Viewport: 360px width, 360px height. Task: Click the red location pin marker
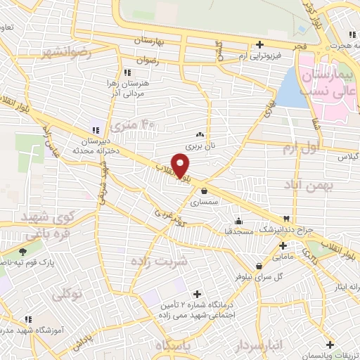pos(181,165)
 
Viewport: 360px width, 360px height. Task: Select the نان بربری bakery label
pos(200,146)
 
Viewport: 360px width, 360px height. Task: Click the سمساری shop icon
pos(204,190)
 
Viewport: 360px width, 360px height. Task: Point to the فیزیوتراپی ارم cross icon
pos(259,45)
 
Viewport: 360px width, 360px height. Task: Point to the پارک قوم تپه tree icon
pos(23,251)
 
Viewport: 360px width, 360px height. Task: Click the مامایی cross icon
pos(283,246)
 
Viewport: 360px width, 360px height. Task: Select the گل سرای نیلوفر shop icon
pos(260,266)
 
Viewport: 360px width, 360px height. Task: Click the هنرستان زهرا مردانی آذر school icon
pos(127,72)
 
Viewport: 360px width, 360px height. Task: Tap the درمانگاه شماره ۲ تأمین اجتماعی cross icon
pos(196,294)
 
